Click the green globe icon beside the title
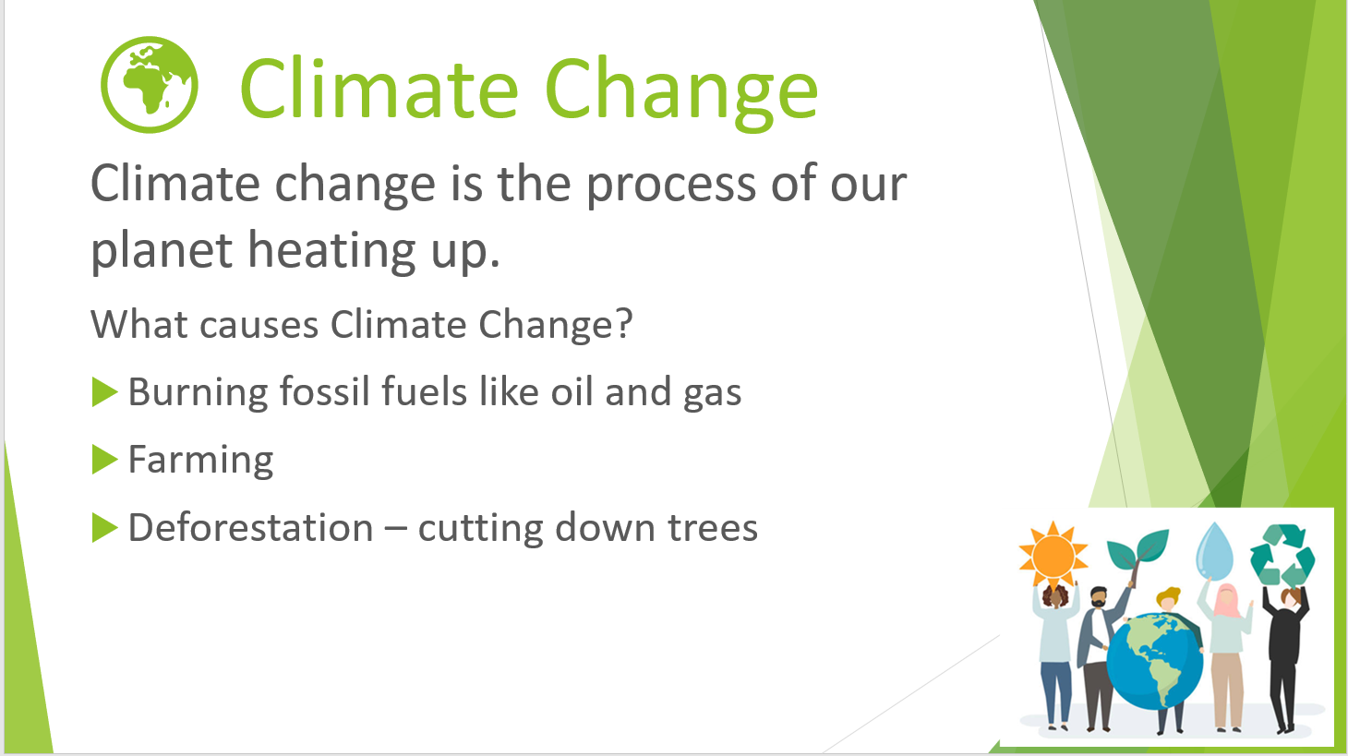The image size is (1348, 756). click(x=150, y=84)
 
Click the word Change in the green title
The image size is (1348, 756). click(x=681, y=92)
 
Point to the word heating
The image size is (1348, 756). click(x=331, y=251)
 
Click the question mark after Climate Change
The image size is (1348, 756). click(x=624, y=324)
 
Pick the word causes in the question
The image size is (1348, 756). click(x=259, y=325)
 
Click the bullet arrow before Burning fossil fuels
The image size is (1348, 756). click(x=104, y=392)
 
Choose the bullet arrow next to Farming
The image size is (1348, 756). click(x=104, y=460)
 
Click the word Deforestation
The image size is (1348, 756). click(x=251, y=527)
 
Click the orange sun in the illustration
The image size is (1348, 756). click(x=1053, y=555)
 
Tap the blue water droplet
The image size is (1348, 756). click(x=1214, y=551)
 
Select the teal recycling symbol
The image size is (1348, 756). click(x=1282, y=555)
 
